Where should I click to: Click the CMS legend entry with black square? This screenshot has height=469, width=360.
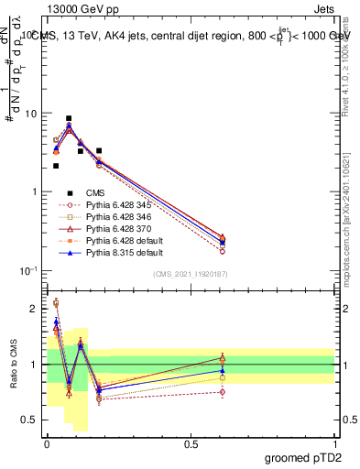pos(82,192)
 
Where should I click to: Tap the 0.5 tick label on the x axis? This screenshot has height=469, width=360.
pos(191,442)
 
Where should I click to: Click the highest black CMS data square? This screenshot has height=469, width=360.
pos(69,118)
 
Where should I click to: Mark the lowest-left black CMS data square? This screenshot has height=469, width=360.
pos(56,166)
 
